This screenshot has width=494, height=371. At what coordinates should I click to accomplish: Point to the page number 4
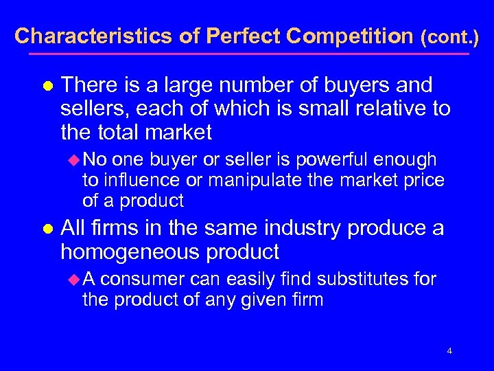449,351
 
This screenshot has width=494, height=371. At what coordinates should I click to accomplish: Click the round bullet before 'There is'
47,86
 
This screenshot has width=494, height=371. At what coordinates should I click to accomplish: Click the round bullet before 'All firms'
47,229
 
